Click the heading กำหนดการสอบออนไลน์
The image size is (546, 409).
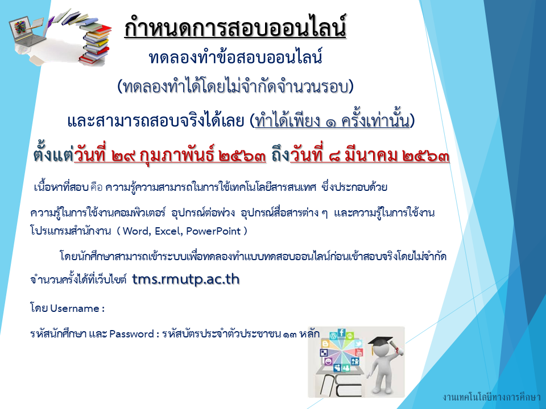[235, 27]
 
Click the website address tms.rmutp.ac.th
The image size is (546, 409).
[185, 279]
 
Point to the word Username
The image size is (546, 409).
[75, 308]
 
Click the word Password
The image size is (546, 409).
[131, 334]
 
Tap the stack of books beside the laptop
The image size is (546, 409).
[95, 44]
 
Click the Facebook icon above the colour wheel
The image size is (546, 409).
[342, 333]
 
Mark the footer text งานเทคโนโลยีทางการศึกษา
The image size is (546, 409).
[491, 397]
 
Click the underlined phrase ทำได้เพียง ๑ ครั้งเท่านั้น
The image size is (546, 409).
[332, 120]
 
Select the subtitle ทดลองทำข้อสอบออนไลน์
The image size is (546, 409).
[235, 57]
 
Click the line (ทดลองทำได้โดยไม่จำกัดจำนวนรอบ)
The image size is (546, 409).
[235, 86]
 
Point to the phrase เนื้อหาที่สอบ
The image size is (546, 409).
[61, 187]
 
